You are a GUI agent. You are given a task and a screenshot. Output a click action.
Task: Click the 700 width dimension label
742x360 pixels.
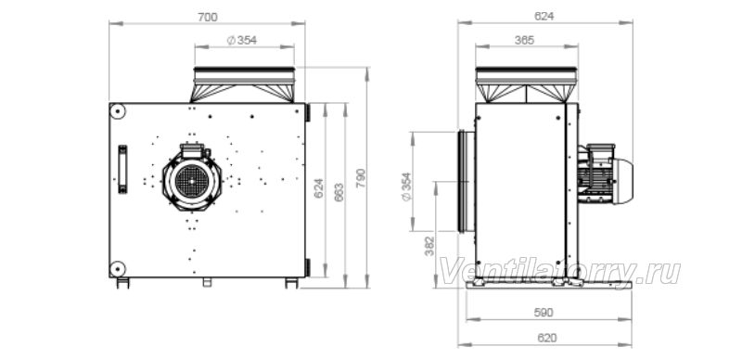click(207, 17)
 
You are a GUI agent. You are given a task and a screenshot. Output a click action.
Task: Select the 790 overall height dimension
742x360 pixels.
click(361, 178)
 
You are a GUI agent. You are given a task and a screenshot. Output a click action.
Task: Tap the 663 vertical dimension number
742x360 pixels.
click(339, 192)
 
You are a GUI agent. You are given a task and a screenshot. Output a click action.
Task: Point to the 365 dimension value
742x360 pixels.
click(524, 40)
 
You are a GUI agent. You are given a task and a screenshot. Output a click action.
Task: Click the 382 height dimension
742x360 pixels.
click(429, 246)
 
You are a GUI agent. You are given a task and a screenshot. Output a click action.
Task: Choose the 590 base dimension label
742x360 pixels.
click(544, 313)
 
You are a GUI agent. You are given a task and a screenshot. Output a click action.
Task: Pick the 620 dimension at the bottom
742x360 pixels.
click(547, 338)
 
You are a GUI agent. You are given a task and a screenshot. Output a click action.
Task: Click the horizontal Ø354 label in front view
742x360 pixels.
click(242, 40)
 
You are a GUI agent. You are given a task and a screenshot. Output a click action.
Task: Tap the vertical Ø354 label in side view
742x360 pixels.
click(406, 186)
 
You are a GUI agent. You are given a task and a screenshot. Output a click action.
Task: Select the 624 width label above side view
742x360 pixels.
click(544, 16)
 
